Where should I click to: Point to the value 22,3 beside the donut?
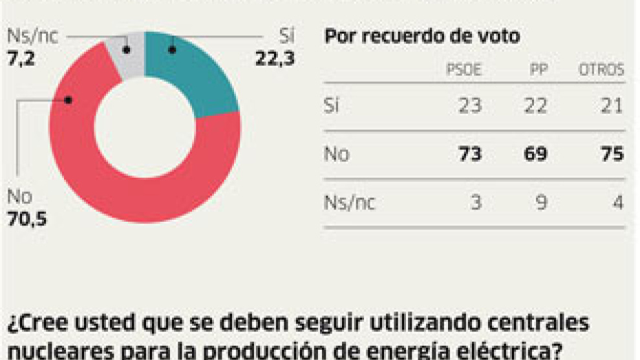[275, 59]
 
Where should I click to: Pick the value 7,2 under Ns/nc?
[21, 58]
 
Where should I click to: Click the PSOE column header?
[464, 70]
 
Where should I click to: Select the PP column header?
[537, 70]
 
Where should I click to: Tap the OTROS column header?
[601, 70]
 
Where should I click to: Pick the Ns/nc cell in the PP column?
[540, 202]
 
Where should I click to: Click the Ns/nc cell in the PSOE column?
[475, 202]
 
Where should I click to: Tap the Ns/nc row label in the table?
[349, 203]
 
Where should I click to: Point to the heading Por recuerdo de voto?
[421, 36]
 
